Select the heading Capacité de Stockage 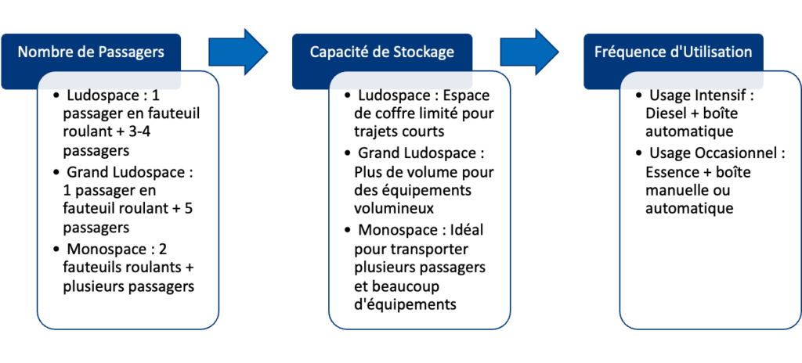pos(381,52)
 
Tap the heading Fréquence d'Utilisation pos(673,52)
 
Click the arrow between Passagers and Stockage pos(238,52)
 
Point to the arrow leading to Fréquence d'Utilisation pos(530,52)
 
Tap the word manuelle pos(675,189)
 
